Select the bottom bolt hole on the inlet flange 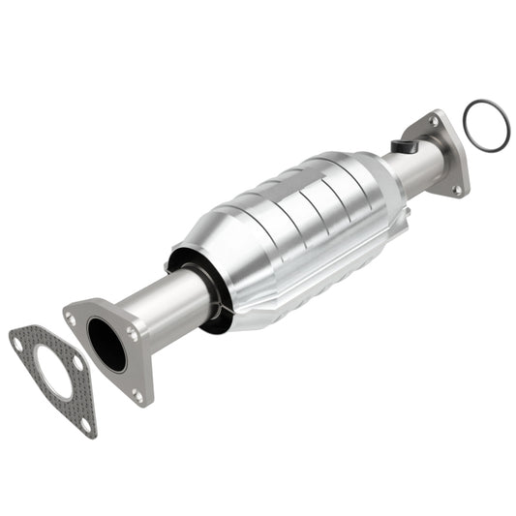pos(137,394)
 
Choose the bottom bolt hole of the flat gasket pos(86,423)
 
